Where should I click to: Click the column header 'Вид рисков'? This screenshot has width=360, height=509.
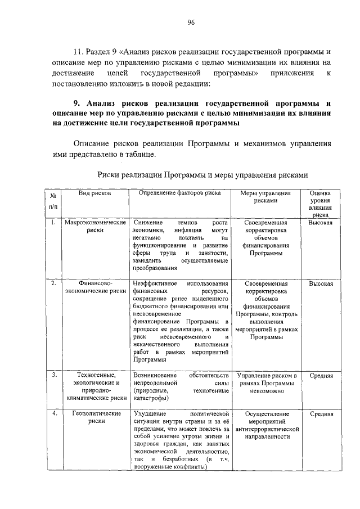click(x=94, y=193)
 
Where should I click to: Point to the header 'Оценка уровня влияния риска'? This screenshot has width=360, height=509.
click(x=321, y=203)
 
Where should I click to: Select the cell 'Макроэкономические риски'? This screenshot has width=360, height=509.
click(x=94, y=227)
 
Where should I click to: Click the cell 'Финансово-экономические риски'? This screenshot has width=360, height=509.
click(x=94, y=287)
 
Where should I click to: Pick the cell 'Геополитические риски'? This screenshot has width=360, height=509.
click(x=94, y=417)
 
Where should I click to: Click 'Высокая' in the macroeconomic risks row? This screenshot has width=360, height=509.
click(x=321, y=223)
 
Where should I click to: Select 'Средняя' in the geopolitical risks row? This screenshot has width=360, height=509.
click(x=321, y=414)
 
